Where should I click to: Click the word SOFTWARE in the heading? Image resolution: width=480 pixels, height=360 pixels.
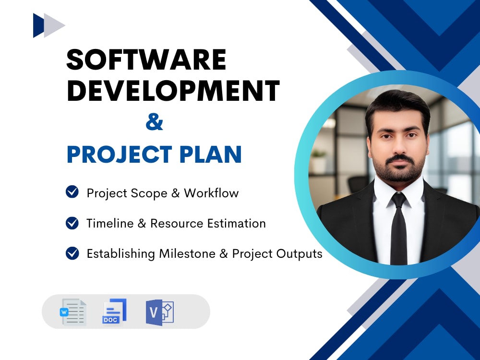click(146, 60)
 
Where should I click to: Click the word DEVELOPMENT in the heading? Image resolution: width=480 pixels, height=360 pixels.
click(173, 90)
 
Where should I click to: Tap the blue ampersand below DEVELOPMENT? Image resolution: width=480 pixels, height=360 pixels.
click(154, 123)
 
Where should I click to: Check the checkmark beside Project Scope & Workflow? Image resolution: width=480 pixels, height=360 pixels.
click(72, 192)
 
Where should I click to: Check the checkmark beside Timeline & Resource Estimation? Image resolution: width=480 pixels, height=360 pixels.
click(72, 223)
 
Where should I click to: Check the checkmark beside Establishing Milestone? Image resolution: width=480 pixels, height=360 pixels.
click(72, 253)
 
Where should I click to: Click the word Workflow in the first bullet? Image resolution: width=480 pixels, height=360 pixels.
click(211, 193)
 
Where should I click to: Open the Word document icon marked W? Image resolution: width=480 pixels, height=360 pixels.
click(73, 312)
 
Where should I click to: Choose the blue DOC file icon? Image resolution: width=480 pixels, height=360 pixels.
click(114, 312)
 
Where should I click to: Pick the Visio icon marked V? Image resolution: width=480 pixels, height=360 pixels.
click(159, 312)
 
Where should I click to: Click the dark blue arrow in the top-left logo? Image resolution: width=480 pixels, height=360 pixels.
click(38, 25)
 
